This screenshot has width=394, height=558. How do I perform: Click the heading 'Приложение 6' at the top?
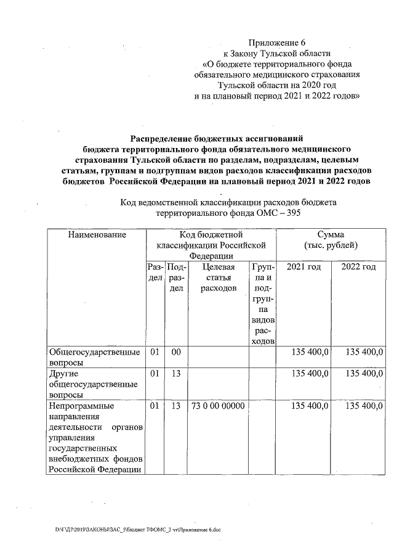[276, 43]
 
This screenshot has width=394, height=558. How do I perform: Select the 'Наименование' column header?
[97, 235]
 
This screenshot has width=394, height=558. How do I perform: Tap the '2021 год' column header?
[304, 266]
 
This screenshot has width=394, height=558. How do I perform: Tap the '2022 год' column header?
[358, 266]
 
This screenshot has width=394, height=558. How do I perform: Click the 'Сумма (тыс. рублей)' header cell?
[331, 240]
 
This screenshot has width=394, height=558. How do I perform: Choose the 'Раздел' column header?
[155, 272]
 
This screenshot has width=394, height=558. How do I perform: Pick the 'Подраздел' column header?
[176, 277]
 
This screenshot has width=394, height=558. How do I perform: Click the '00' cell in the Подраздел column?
[176, 351]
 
